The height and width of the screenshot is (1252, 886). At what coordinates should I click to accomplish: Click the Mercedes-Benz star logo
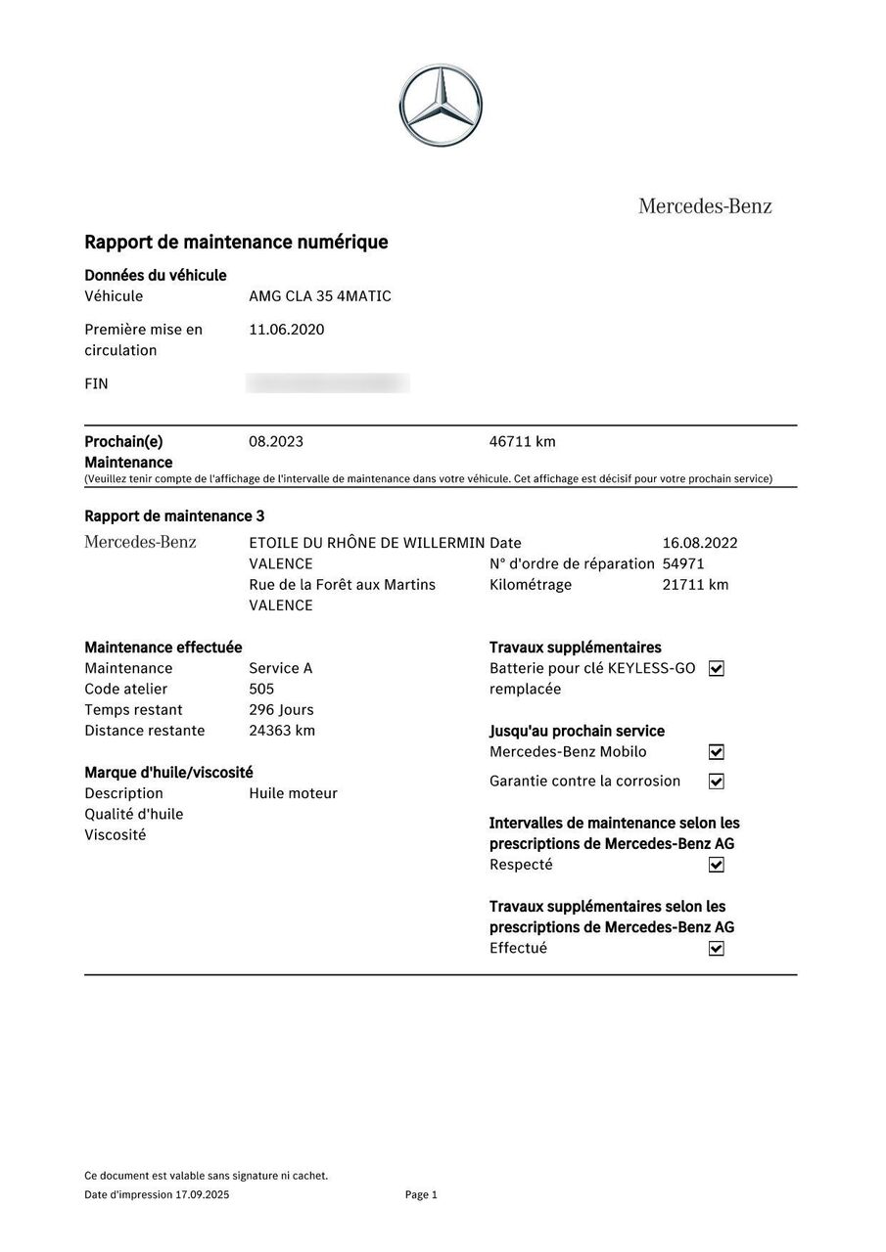point(441,106)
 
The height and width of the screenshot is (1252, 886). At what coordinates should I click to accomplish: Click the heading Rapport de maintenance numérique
point(236,242)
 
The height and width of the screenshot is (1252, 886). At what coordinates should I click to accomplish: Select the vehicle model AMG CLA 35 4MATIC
point(320,296)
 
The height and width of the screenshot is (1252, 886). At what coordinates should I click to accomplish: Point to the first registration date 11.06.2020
point(286,330)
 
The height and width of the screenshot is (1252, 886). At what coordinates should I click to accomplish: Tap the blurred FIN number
point(328,383)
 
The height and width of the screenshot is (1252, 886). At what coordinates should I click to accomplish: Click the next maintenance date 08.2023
point(276,441)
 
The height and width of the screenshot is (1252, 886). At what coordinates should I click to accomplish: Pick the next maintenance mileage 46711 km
point(522,441)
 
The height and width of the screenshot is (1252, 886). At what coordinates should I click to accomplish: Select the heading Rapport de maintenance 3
point(174,515)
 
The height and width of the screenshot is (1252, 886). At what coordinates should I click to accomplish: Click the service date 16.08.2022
point(700,543)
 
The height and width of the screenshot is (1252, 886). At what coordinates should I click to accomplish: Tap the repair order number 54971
point(683,563)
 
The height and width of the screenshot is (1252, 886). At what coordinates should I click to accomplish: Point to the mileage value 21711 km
point(695,585)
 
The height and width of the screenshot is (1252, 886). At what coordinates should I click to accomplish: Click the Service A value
point(280,668)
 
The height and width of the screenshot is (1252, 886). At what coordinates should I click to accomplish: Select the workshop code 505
point(261,689)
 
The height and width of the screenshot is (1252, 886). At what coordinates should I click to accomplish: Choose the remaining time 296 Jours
point(281,710)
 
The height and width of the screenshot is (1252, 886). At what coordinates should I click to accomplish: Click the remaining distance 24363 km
point(282,731)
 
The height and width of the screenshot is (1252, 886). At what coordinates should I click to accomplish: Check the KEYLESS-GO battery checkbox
point(716,669)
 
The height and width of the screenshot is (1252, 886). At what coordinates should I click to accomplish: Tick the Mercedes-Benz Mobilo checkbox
point(716,752)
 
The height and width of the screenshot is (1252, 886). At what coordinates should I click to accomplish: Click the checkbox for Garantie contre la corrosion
point(716,782)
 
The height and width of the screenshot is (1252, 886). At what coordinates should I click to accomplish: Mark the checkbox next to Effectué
point(716,949)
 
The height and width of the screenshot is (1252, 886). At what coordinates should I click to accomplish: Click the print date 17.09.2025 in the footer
point(203,1194)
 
